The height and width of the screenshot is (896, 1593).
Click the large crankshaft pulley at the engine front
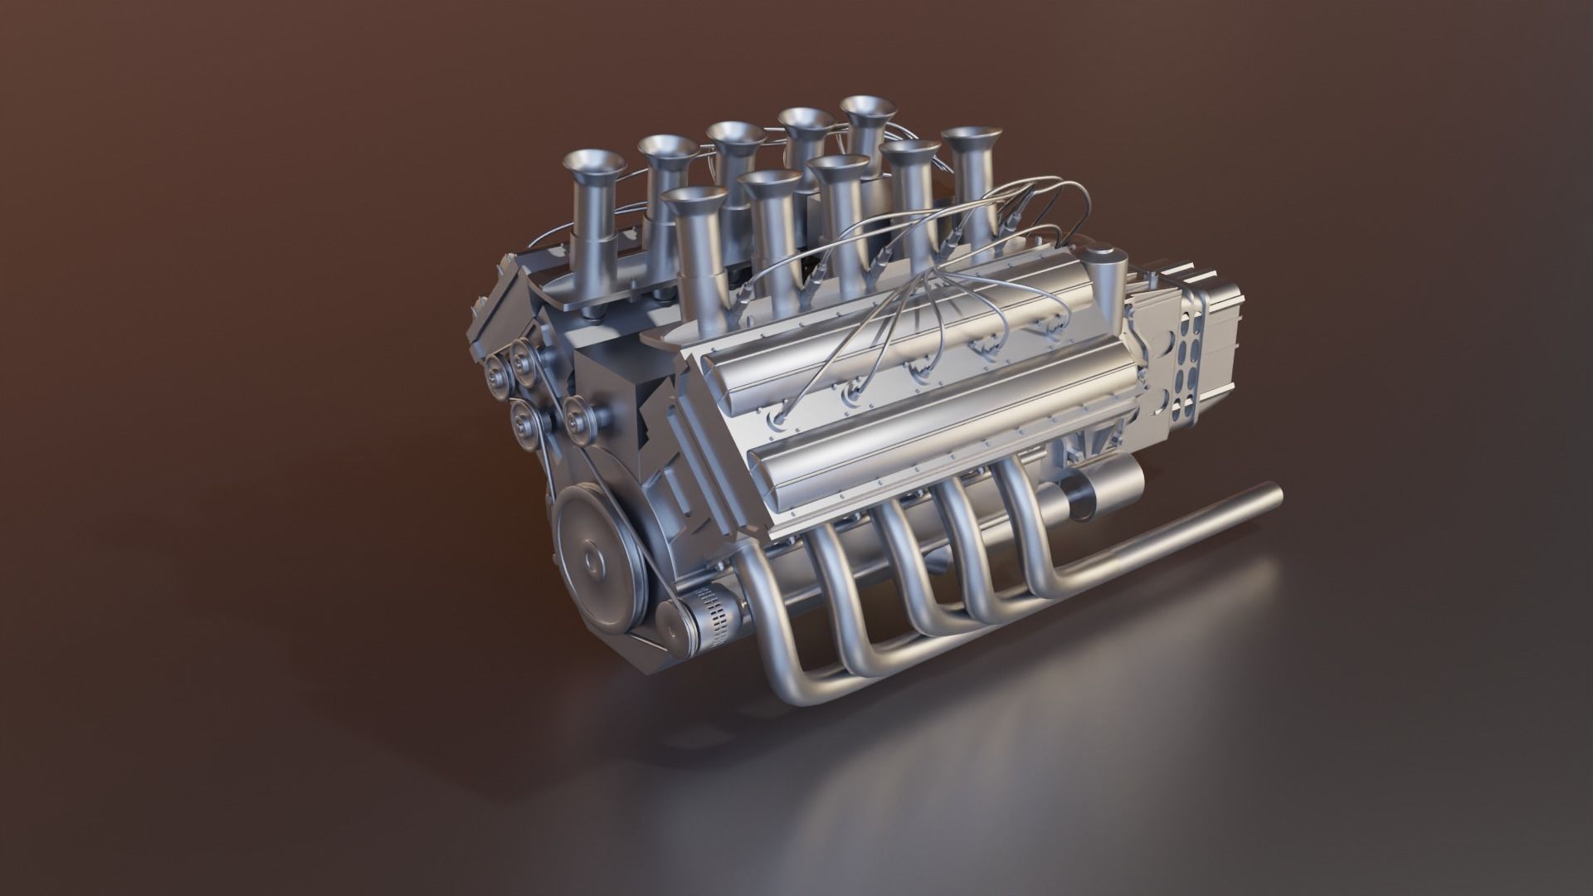point(592,562)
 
